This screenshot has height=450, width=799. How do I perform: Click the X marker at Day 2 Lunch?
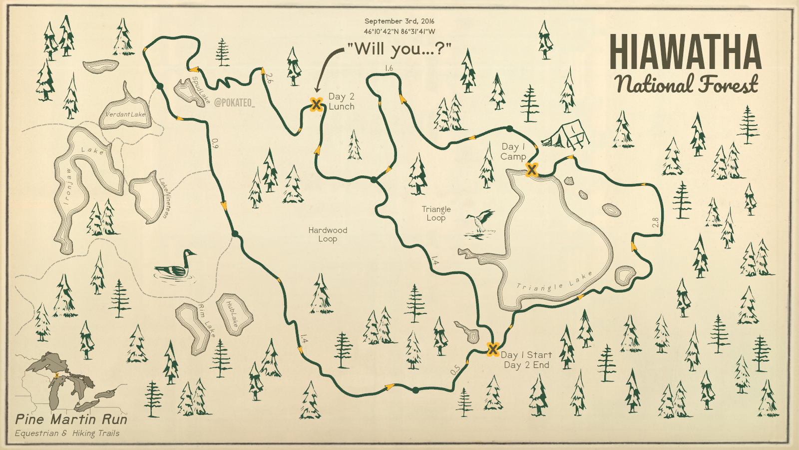316,104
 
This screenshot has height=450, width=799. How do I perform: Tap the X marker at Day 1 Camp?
532,170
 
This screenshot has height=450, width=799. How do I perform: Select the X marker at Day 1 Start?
493,349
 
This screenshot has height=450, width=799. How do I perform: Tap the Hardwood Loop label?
328,234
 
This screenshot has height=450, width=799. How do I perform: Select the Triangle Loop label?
436,213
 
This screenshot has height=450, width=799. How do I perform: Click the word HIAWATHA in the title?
685,52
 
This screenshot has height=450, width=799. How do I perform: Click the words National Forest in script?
686,84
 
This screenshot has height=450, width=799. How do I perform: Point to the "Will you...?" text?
399,49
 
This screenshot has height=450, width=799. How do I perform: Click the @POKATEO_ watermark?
234,103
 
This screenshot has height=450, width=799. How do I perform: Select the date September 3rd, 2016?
399,21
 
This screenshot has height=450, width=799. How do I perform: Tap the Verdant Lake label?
125,114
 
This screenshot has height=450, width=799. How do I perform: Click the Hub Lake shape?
234,313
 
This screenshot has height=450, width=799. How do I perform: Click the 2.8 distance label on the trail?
656,222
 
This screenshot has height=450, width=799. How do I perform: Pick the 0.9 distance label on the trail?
215,143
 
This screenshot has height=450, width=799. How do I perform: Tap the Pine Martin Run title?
71,419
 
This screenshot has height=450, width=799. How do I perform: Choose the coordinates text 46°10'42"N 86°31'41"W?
399,31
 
